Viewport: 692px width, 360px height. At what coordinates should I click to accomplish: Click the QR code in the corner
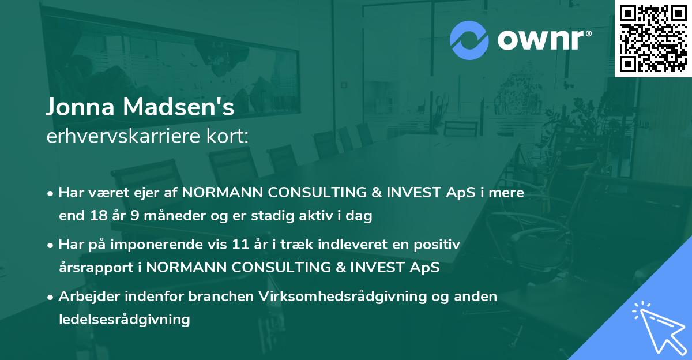[x=653, y=39]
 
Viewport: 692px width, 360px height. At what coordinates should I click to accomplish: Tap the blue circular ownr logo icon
[x=469, y=40]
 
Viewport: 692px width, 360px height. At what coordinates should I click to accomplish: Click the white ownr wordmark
[x=544, y=40]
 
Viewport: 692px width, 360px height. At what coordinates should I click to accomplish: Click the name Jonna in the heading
[x=80, y=107]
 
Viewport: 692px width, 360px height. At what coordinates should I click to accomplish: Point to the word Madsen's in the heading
[x=179, y=107]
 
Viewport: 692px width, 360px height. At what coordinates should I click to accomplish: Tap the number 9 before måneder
[x=135, y=216]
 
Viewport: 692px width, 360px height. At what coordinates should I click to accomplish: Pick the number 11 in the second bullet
[x=240, y=245]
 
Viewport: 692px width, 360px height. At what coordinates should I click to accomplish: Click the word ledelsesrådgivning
[x=125, y=320]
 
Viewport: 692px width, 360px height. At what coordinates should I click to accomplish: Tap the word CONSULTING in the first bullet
[x=317, y=193]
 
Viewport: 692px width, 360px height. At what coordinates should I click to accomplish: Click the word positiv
[x=437, y=245]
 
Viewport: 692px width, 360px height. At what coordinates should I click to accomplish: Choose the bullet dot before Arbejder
[x=50, y=298]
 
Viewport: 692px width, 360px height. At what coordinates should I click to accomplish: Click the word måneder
[x=174, y=216]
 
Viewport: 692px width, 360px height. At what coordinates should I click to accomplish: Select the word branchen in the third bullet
[x=221, y=297]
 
